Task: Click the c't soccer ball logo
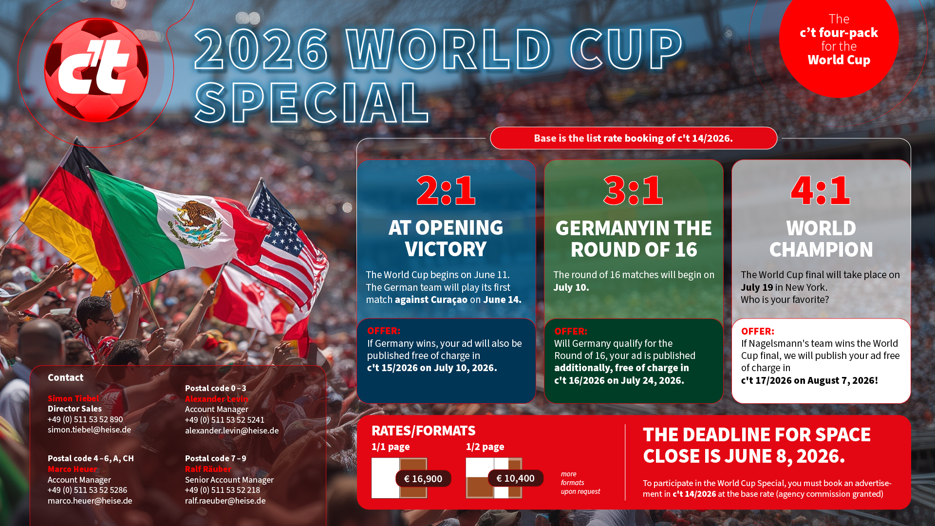(x=96, y=70)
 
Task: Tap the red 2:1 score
(x=446, y=190)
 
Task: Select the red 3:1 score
(x=633, y=190)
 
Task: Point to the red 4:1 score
(x=821, y=190)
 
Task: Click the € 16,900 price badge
(x=423, y=479)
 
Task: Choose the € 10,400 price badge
(x=515, y=478)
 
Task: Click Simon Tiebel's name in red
(x=73, y=398)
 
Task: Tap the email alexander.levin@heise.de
(x=232, y=431)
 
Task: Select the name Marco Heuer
(x=72, y=469)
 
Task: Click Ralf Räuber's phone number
(x=223, y=490)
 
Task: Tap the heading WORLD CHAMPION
(x=821, y=239)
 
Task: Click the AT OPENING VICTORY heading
(x=446, y=238)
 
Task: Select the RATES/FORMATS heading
(x=423, y=431)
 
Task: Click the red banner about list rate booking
(x=634, y=138)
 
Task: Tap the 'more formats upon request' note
(x=580, y=483)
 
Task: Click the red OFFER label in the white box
(x=757, y=331)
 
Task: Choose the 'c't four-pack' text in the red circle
(x=839, y=33)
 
